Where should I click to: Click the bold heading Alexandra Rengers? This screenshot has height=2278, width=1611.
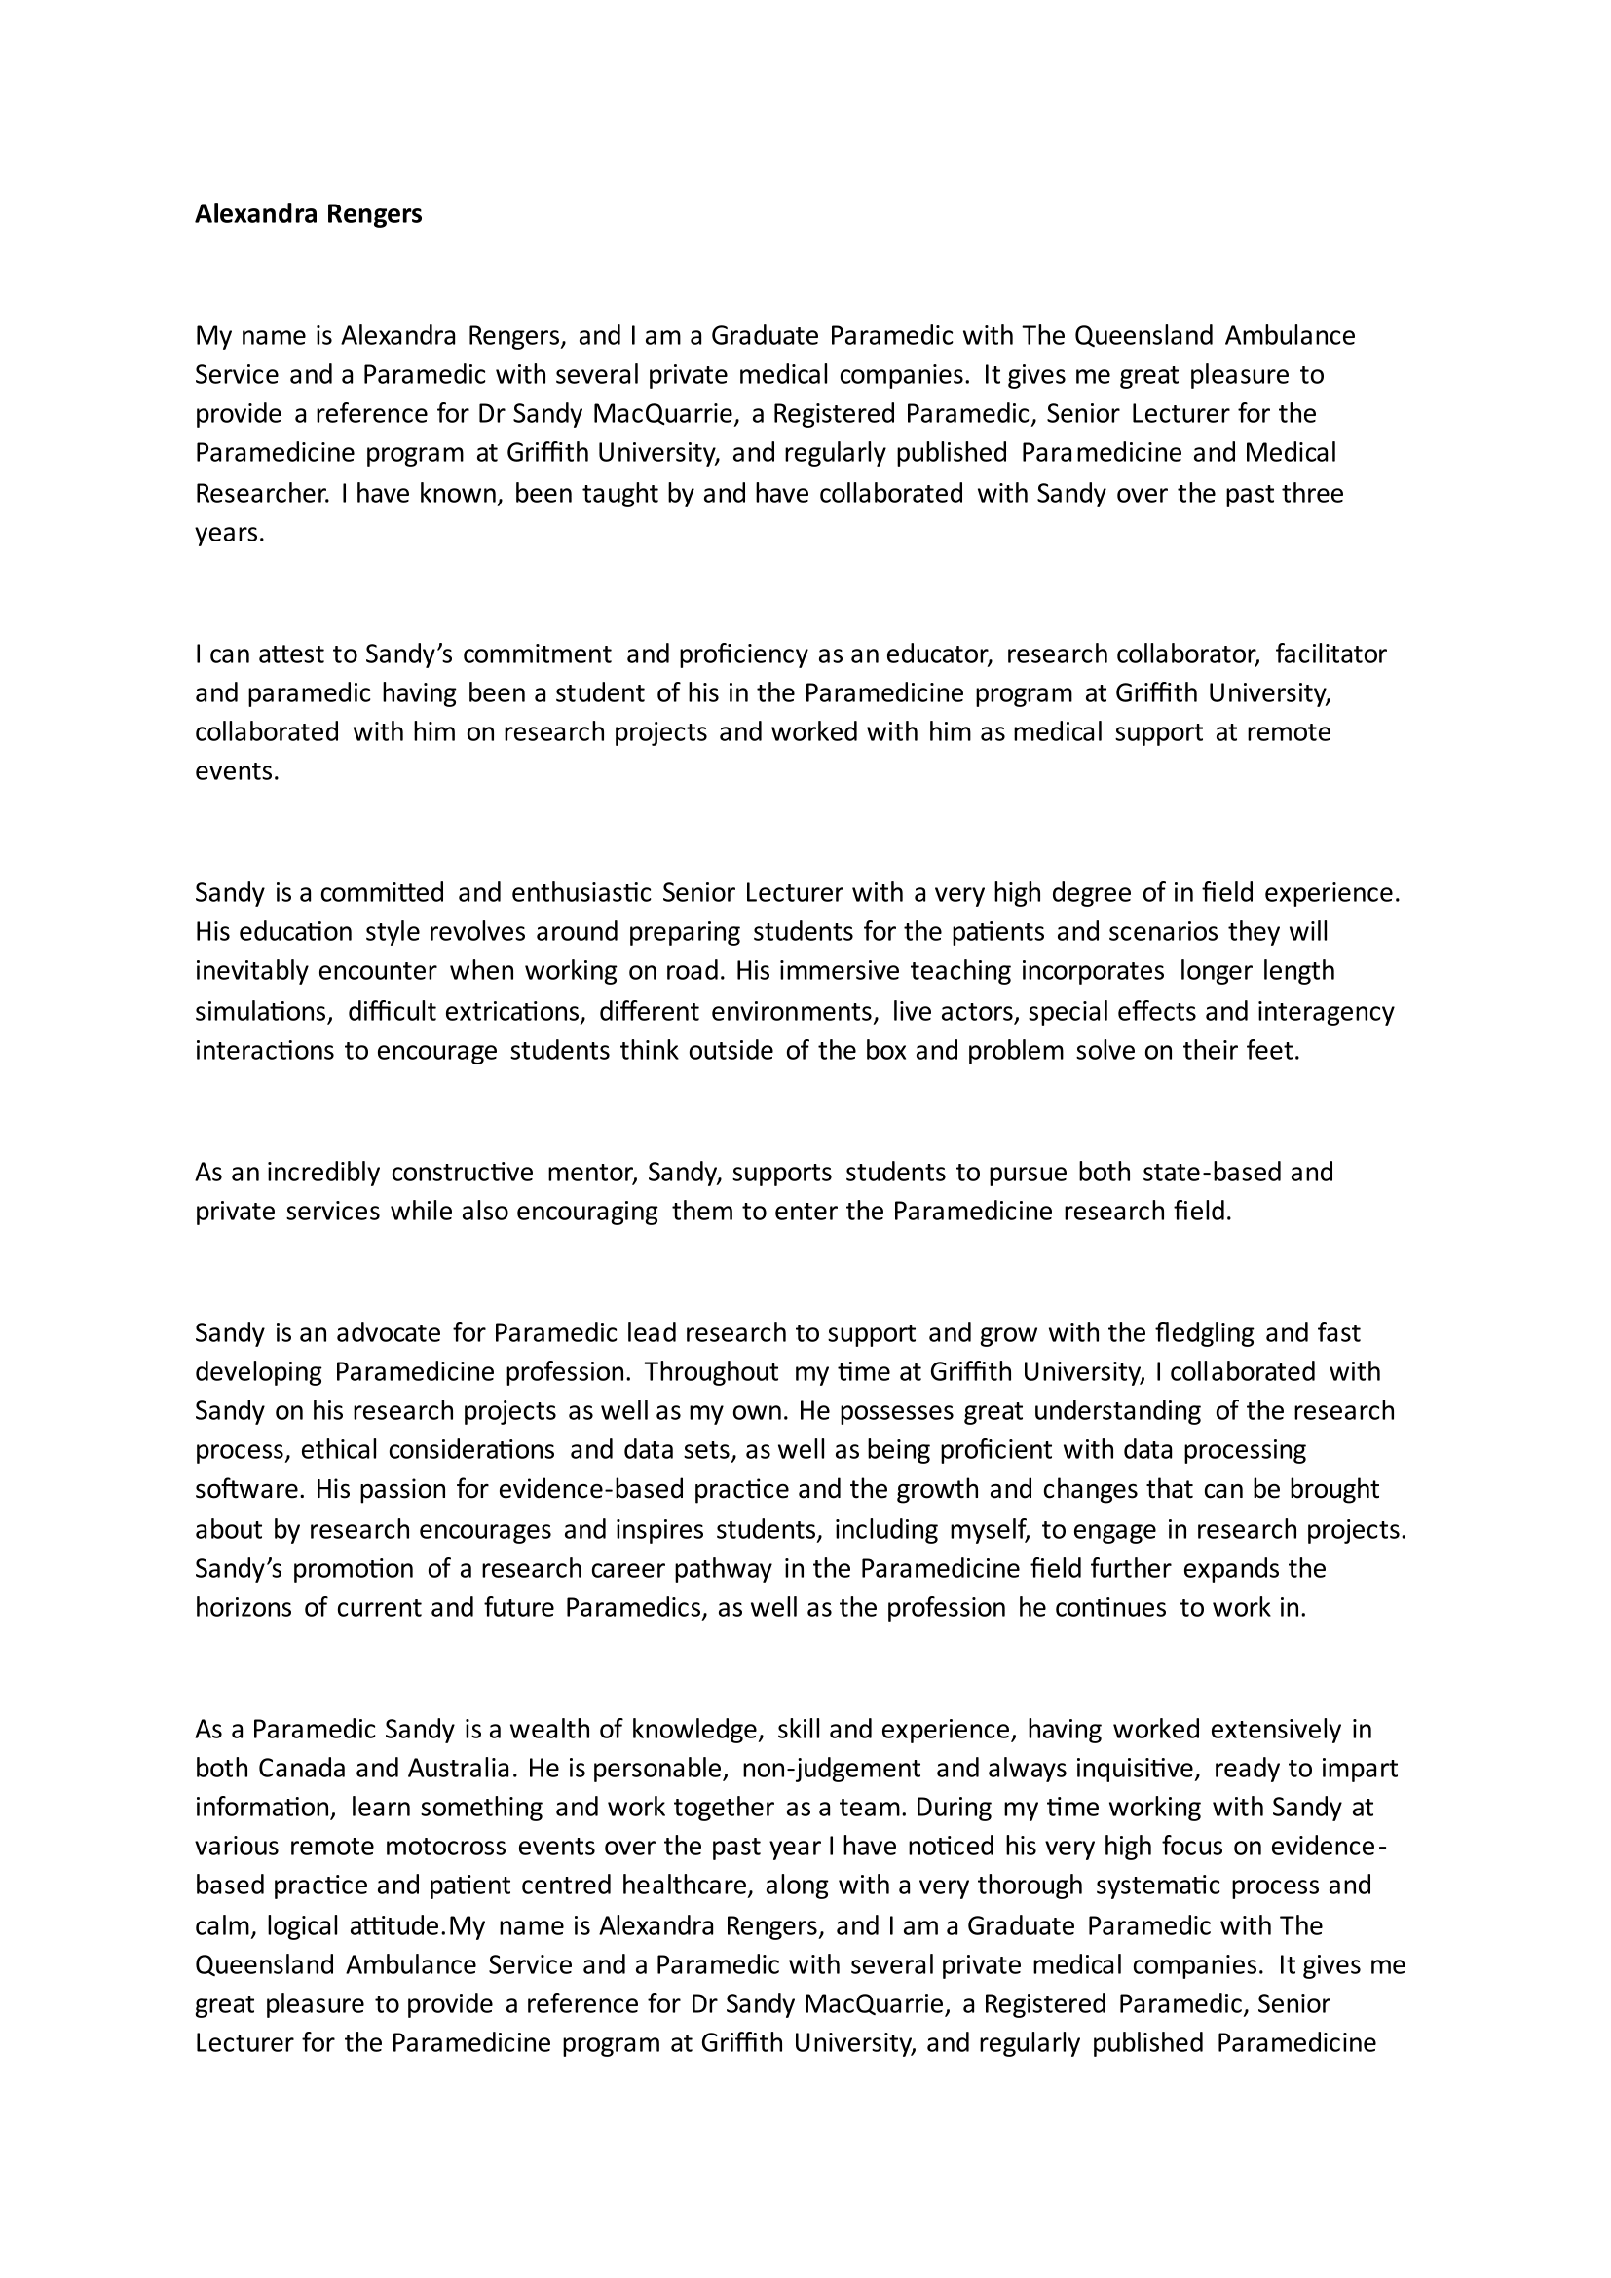click(309, 213)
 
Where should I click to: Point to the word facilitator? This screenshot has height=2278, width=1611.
click(1330, 654)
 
